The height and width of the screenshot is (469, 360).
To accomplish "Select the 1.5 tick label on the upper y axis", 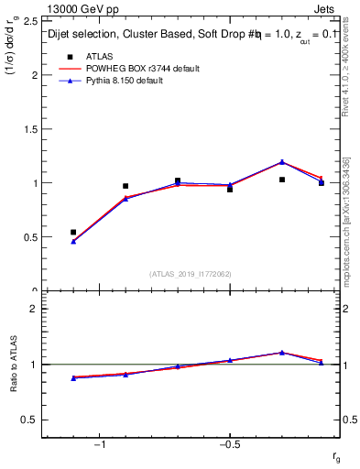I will coord(29,129).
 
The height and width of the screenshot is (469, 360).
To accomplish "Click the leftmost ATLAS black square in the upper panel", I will coord(73,232).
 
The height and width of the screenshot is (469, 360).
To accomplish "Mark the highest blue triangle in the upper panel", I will coord(282,162).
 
